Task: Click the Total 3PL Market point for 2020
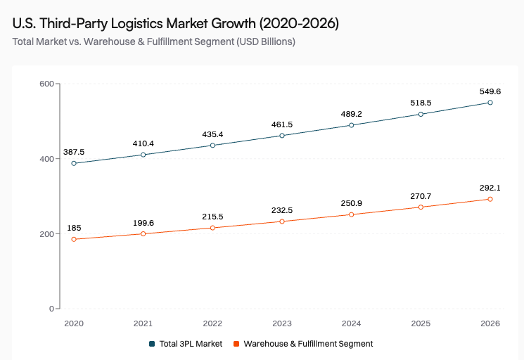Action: point(74,163)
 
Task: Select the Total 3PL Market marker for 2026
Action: point(490,103)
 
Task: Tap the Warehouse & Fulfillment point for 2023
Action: point(282,221)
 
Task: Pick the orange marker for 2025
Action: point(421,207)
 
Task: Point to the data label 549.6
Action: point(490,91)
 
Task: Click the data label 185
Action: point(74,228)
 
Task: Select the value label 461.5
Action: point(282,124)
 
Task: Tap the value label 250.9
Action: point(351,203)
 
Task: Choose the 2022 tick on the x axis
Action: point(212,323)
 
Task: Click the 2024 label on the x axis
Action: point(351,323)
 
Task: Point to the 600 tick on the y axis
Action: point(47,84)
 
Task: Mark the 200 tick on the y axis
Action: point(47,233)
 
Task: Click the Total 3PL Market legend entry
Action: point(186,344)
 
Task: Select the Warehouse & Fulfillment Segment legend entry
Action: point(303,344)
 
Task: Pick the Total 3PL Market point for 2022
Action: point(212,146)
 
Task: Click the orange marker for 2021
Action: point(143,233)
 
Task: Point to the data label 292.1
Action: point(490,188)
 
